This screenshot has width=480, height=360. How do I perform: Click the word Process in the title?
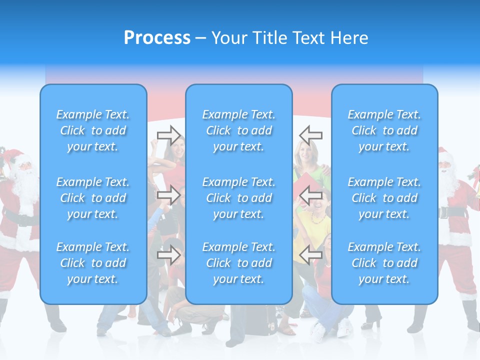point(157,38)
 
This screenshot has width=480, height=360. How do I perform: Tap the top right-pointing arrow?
point(168,135)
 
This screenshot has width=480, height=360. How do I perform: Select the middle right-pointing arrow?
point(168,195)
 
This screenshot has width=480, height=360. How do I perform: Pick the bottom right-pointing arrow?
point(168,255)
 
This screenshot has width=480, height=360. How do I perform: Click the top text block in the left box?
point(93,130)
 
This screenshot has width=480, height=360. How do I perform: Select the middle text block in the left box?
point(93,198)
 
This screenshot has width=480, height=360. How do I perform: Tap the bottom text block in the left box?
point(93,263)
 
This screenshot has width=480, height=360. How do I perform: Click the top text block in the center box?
point(239,130)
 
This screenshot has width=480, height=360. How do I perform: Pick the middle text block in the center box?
point(239,198)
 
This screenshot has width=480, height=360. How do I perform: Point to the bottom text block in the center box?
point(239,263)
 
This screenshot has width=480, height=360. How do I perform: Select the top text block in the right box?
point(384,130)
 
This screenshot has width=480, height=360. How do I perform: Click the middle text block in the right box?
point(384,198)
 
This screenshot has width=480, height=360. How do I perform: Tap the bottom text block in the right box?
point(384,263)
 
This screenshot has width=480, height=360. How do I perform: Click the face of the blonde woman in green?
point(304,152)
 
